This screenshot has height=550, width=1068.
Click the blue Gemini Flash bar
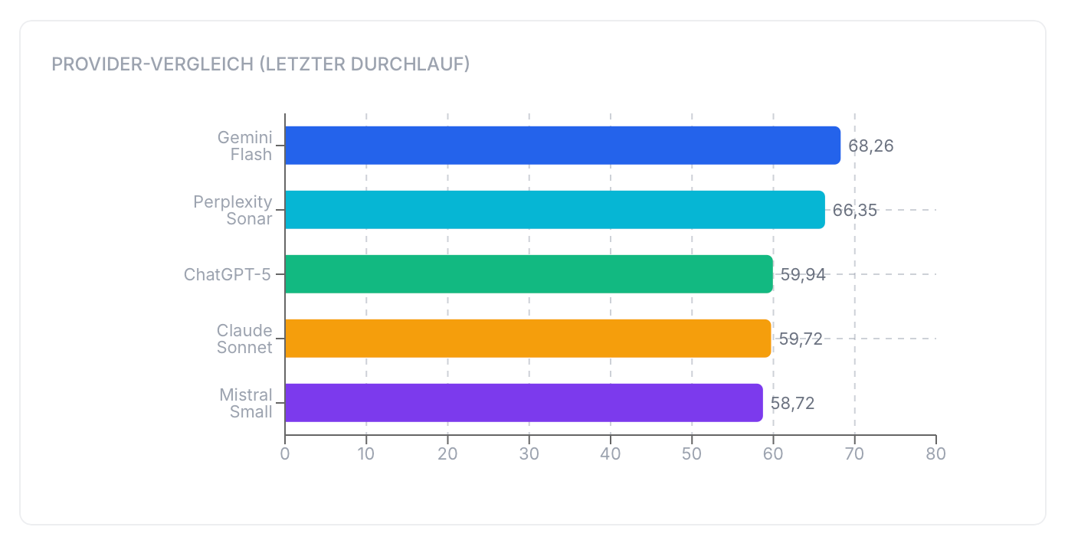pyautogui.click(x=562, y=146)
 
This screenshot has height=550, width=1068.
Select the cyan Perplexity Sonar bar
pyautogui.click(x=555, y=210)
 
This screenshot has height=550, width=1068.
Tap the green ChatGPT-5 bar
pyautogui.click(x=529, y=274)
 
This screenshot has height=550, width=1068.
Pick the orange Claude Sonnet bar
pyautogui.click(x=528, y=339)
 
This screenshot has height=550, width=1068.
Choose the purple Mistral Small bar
pyautogui.click(x=524, y=403)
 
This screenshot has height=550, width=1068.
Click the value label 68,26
pyautogui.click(x=871, y=146)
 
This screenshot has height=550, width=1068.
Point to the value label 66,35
pyautogui.click(x=855, y=211)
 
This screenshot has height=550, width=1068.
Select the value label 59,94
pyautogui.click(x=803, y=275)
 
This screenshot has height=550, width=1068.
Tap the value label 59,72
pyautogui.click(x=801, y=339)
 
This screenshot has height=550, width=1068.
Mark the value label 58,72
pyautogui.click(x=792, y=404)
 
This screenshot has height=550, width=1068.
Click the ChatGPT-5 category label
pyautogui.click(x=228, y=274)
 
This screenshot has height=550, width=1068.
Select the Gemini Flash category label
pyautogui.click(x=245, y=146)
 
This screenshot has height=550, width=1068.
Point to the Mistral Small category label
pyautogui.click(x=246, y=403)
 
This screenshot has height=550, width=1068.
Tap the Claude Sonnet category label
pyautogui.click(x=244, y=339)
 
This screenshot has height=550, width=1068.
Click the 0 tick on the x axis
pyautogui.click(x=285, y=453)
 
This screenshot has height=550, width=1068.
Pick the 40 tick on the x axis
pyautogui.click(x=611, y=453)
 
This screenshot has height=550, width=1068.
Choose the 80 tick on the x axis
pyautogui.click(x=936, y=453)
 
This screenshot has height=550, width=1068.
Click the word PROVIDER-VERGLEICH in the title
pyautogui.click(x=152, y=64)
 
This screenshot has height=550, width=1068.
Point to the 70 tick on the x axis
pyautogui.click(x=854, y=453)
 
